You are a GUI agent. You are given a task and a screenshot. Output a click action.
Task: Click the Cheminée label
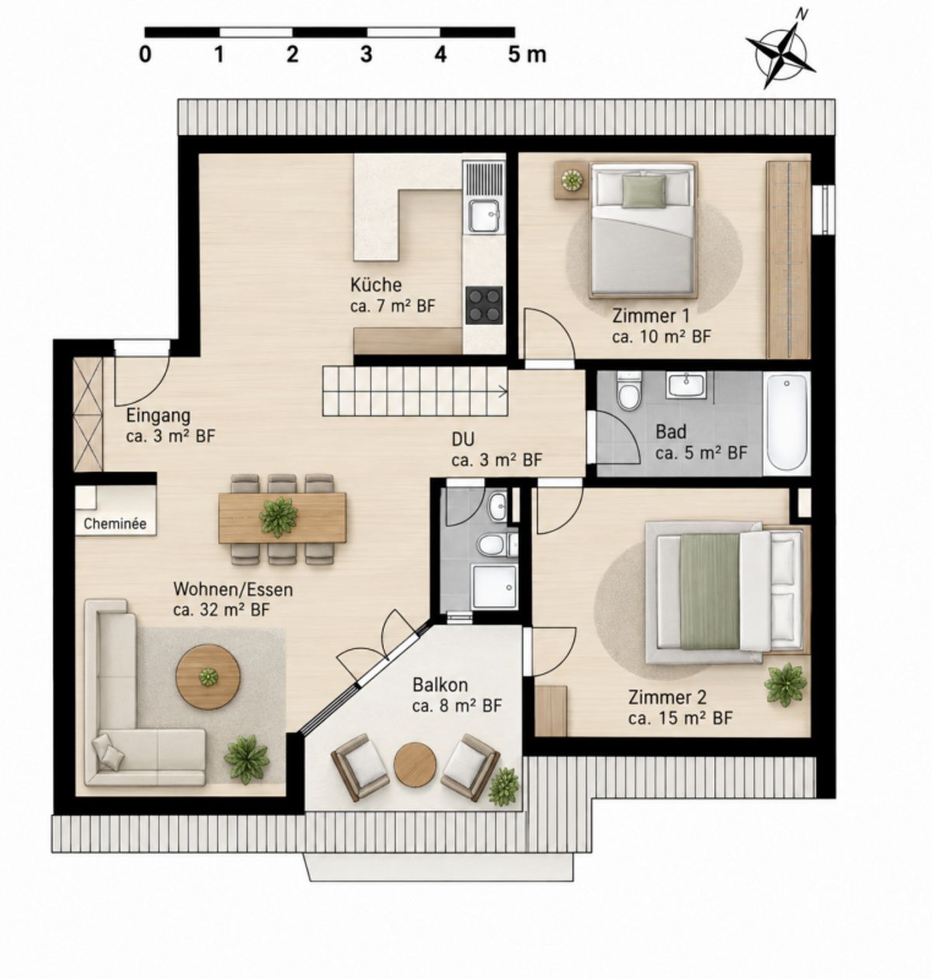coord(115,524)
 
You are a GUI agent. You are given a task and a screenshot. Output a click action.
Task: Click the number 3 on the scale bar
coord(366,54)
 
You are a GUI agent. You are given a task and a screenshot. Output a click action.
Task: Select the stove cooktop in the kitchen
coord(484,305)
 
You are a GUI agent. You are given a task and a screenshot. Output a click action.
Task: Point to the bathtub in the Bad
coord(787,422)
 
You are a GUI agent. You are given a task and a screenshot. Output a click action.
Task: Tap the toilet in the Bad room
coord(628,392)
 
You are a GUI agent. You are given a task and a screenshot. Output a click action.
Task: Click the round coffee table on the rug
coord(208,677)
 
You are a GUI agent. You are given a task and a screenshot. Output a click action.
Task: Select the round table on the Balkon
coord(415,764)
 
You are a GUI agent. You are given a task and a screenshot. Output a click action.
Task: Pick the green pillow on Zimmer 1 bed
coord(644,191)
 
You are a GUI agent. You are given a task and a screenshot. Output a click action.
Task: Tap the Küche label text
coord(376,285)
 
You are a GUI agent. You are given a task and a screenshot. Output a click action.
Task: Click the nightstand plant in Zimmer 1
coord(572,179)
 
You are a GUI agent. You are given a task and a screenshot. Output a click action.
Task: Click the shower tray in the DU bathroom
coord(495,586)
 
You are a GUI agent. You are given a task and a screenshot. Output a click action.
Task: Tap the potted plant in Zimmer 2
coord(785,684)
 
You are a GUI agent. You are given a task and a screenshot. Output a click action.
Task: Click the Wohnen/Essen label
coord(233,589)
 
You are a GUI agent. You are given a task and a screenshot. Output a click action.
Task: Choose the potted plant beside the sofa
coord(246,759)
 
